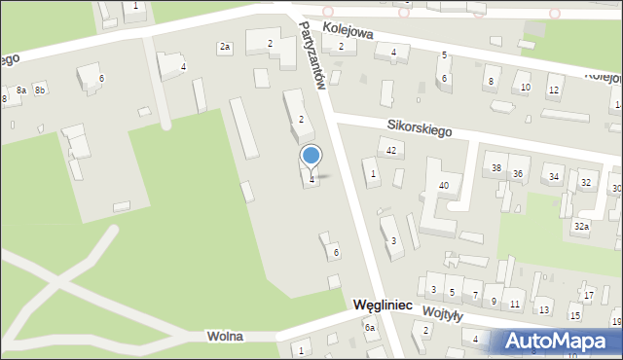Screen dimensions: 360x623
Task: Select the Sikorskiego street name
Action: click(419, 130)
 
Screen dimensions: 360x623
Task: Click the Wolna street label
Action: click(225, 336)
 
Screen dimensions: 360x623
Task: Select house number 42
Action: click(391, 151)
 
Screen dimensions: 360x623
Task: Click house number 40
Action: click(444, 185)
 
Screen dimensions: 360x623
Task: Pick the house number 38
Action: click(496, 168)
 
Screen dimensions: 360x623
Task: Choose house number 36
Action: click(518, 174)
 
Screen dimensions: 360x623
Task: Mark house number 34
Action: click(554, 177)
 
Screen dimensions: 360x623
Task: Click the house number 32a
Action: click(581, 226)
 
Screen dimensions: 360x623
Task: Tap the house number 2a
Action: click(225, 47)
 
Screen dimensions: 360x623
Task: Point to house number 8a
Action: click(21, 90)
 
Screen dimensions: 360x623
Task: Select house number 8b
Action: click(40, 90)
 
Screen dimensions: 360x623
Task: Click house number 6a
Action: click(370, 328)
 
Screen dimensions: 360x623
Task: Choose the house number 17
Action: click(589, 295)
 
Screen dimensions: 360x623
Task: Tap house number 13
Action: click(544, 309)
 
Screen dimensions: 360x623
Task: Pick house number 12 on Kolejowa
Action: click(553, 90)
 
